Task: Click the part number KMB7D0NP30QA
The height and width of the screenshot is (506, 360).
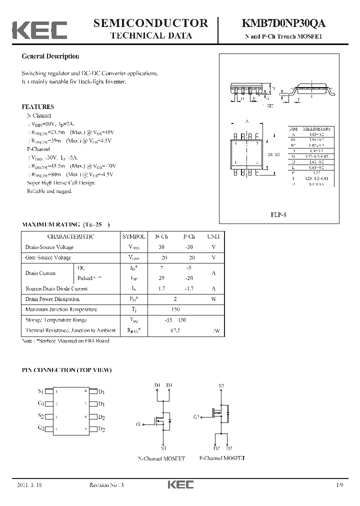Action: coord(284,23)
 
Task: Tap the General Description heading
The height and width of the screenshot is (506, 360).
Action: coord(50,56)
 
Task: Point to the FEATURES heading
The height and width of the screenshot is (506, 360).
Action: coord(37,106)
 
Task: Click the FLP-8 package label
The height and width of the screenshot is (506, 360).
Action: coord(278,215)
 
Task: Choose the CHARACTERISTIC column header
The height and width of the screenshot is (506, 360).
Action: coord(70,236)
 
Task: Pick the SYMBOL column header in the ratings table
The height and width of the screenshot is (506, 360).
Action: coord(134,236)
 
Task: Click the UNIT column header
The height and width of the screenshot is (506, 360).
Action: coord(213,236)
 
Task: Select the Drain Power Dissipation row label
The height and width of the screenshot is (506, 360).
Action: coord(52,299)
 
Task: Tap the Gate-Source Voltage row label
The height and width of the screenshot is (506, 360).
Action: coord(48,257)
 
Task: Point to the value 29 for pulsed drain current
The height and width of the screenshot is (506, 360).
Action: coord(161,278)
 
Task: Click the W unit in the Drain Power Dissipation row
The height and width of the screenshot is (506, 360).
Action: coord(213,299)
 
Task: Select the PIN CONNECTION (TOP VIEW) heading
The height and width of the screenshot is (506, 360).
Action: coord(66,370)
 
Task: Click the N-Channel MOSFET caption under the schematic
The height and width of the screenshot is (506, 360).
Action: coord(161,458)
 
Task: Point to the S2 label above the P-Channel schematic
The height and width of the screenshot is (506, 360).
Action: coord(221,386)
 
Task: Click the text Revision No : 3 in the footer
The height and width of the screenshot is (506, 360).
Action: coord(107,485)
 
